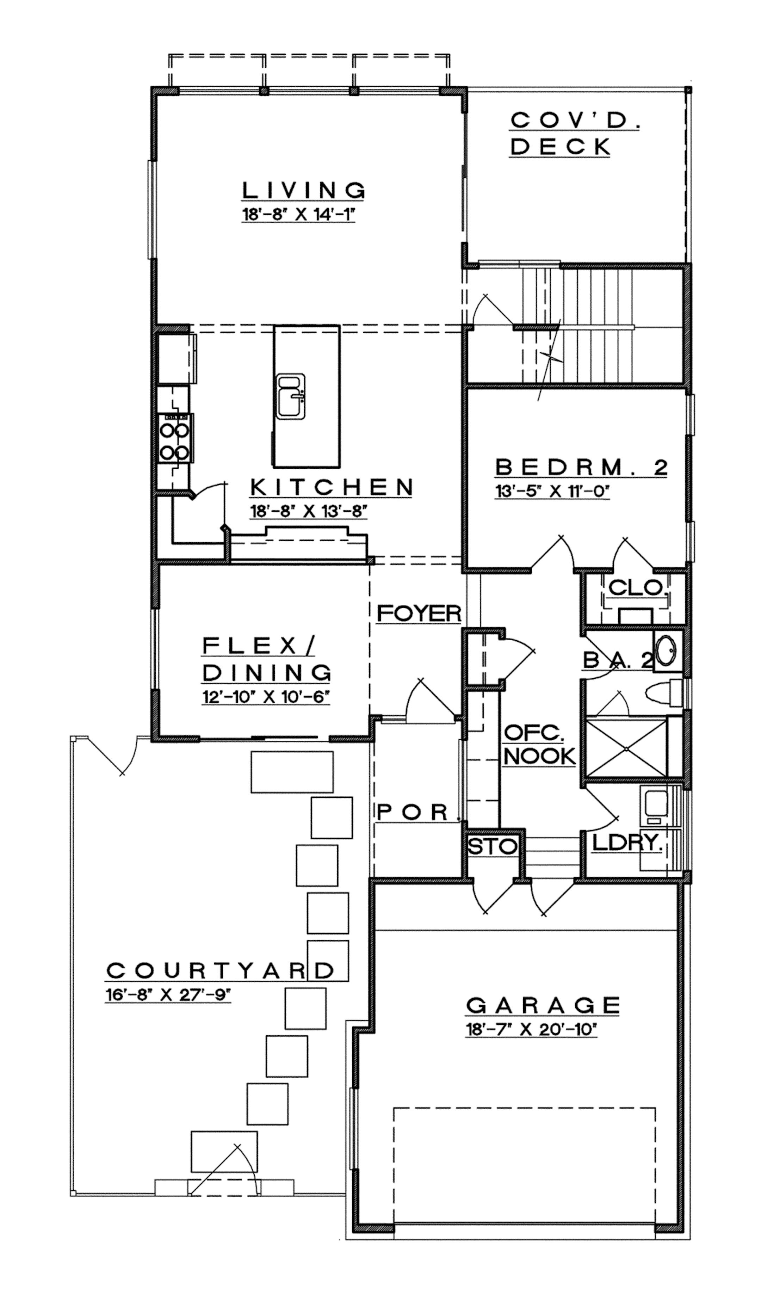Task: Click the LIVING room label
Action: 304,191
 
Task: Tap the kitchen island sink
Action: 291,396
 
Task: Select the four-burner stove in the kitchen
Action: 175,438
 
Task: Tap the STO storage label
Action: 492,846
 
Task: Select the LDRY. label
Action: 627,843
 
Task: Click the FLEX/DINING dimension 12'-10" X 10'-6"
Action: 266,697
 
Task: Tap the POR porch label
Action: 413,812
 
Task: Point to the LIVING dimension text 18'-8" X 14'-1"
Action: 299,215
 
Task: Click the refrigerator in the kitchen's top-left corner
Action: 177,359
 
